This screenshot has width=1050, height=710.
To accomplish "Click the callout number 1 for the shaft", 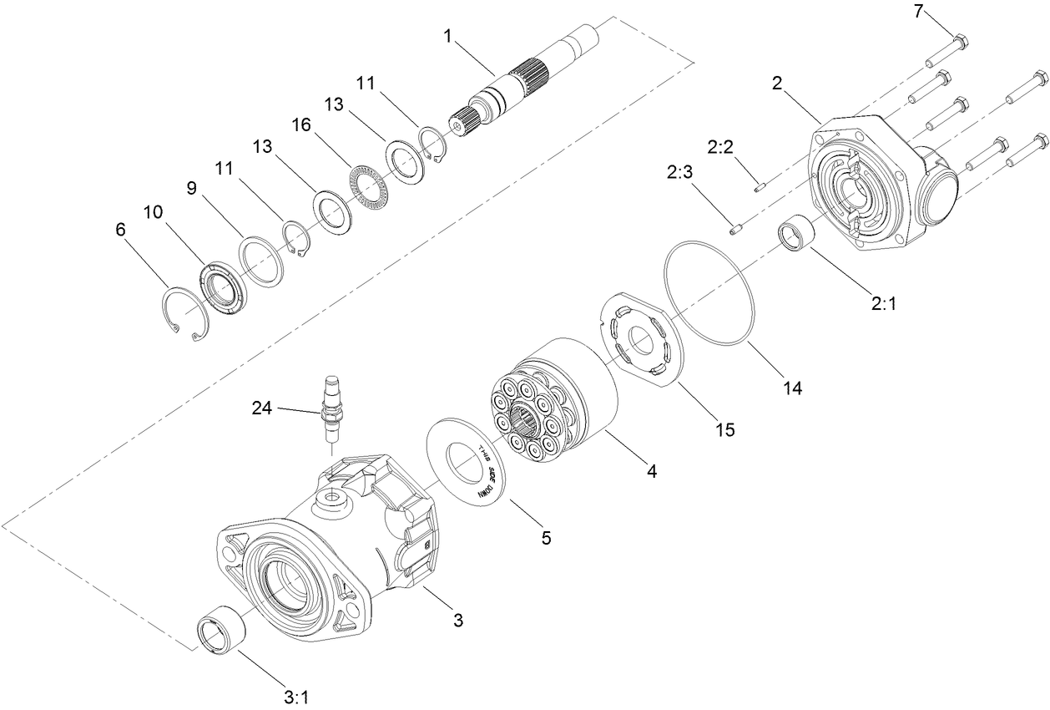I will click(448, 36).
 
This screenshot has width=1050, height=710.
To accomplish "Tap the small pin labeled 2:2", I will click(760, 187).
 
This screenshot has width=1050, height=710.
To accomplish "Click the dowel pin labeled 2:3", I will click(735, 229).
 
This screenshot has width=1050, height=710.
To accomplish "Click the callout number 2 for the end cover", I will click(777, 83).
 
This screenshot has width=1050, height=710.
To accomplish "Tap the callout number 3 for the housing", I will click(457, 620).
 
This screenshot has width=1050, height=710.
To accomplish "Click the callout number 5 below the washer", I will click(546, 538).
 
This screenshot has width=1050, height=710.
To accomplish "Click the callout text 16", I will click(300, 124).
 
